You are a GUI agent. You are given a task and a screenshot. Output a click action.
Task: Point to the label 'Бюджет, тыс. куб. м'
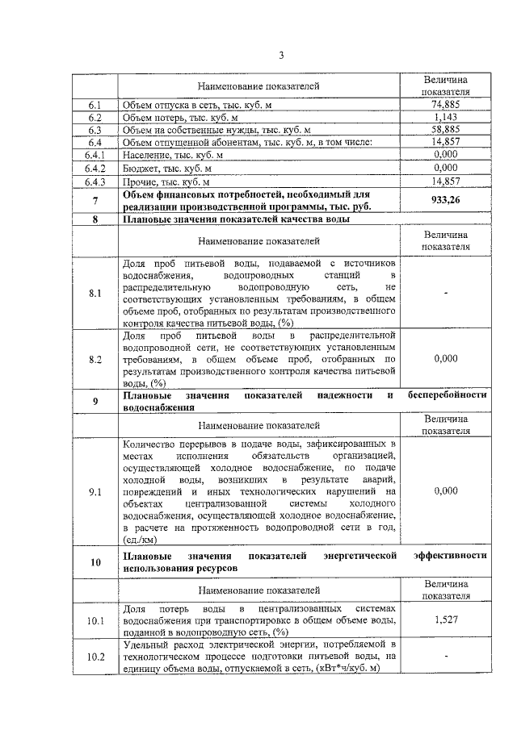[166, 168]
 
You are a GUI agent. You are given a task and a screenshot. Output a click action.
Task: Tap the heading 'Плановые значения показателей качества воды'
[236, 219]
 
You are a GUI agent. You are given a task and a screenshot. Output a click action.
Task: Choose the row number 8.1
[95, 294]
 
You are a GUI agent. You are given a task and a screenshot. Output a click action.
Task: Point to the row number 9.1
[95, 490]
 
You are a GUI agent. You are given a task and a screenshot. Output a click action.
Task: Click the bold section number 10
[95, 561]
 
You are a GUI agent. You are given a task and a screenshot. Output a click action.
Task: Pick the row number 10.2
[95, 657]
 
